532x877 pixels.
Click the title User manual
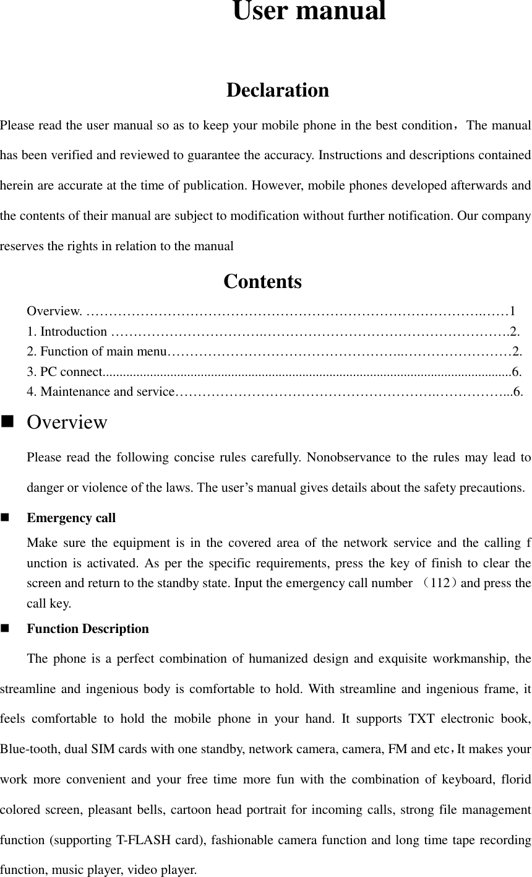[x=309, y=12]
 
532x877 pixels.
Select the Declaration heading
[x=278, y=90]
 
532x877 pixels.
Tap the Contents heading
[x=262, y=282]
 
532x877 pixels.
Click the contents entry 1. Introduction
[x=67, y=331]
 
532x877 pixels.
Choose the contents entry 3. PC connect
[x=64, y=372]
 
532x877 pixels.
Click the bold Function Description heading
[x=88, y=629]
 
